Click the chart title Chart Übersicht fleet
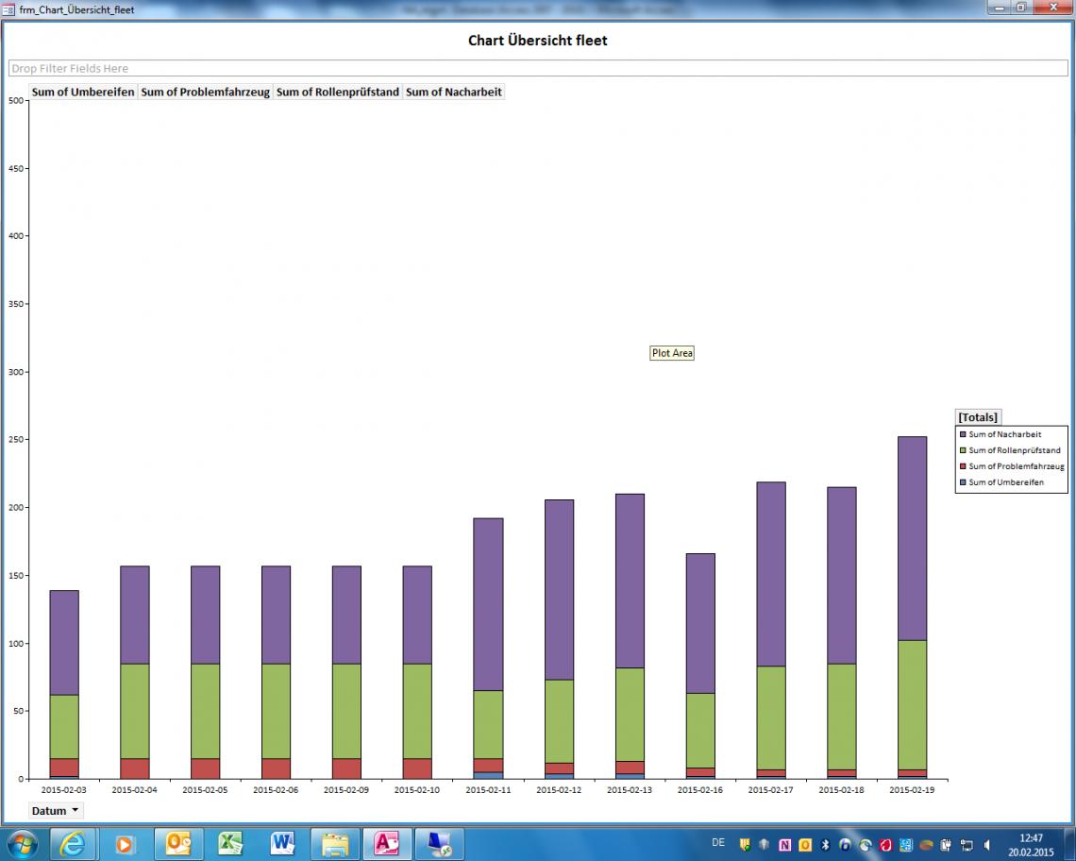tap(537, 41)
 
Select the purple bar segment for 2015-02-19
tap(912, 538)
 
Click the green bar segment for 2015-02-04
tap(134, 717)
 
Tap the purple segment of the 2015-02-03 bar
tap(64, 642)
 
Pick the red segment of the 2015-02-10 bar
tap(417, 768)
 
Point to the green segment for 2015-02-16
tap(699, 730)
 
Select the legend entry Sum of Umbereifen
tap(1005, 482)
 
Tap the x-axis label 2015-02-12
tap(559, 789)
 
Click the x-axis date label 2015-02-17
tap(771, 789)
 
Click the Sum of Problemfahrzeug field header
tap(205, 93)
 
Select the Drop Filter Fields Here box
tap(538, 69)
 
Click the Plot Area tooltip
tap(672, 353)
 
